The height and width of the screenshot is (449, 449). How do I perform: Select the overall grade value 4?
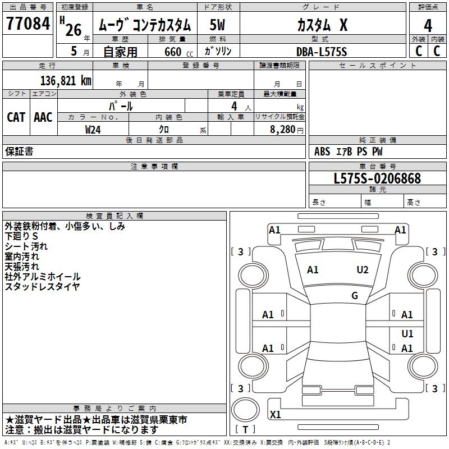(x=428, y=25)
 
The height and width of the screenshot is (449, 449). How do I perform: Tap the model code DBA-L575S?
(x=322, y=52)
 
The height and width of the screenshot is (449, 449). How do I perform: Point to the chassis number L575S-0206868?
(x=377, y=178)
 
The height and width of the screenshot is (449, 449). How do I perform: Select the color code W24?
(x=93, y=130)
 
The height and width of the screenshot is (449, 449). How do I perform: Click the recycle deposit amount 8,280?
(x=282, y=130)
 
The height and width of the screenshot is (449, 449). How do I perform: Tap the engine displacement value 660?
(x=172, y=52)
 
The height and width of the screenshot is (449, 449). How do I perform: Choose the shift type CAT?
(x=16, y=117)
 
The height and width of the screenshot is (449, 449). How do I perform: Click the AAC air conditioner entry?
(x=43, y=117)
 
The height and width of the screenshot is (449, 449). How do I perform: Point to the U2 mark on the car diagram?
(x=363, y=270)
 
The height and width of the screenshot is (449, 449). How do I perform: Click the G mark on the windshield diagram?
(x=355, y=296)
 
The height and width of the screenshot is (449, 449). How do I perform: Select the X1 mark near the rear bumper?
(x=276, y=415)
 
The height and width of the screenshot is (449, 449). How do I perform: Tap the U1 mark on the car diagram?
(x=407, y=334)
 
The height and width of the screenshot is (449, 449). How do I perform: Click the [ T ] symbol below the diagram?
(x=245, y=430)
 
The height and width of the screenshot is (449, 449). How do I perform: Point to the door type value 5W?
(x=218, y=25)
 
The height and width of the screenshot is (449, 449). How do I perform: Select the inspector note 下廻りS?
(x=21, y=236)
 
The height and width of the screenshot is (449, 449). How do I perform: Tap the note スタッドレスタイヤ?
(x=42, y=287)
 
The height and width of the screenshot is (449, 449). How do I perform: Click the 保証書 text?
(x=19, y=152)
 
